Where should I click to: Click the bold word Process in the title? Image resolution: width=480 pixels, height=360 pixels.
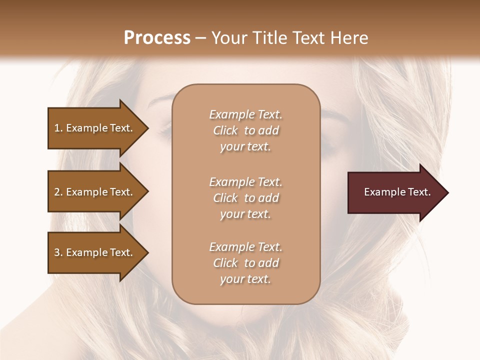point(157,38)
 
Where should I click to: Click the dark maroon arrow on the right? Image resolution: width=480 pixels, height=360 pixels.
point(395,192)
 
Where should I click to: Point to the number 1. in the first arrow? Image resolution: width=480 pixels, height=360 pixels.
point(58,128)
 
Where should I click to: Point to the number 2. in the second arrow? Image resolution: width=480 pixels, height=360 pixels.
point(58,192)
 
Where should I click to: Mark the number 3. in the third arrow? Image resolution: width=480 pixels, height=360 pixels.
point(58,252)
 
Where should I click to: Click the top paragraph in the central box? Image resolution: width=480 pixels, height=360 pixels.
point(245,130)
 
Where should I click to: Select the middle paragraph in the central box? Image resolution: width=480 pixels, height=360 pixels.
point(245,198)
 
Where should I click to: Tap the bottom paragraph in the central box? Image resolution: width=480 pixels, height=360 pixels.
point(245,263)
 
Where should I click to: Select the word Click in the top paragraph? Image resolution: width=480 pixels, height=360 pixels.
point(225,130)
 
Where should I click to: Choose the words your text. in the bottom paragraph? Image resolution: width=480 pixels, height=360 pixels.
point(245,279)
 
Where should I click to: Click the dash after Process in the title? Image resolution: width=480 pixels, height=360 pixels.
point(201,38)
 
